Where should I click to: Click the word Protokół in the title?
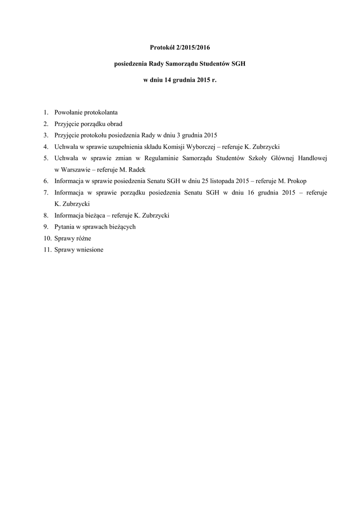(162, 48)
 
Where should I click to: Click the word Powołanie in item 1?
(69, 112)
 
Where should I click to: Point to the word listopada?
(218, 181)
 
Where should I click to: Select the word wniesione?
(89, 250)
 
